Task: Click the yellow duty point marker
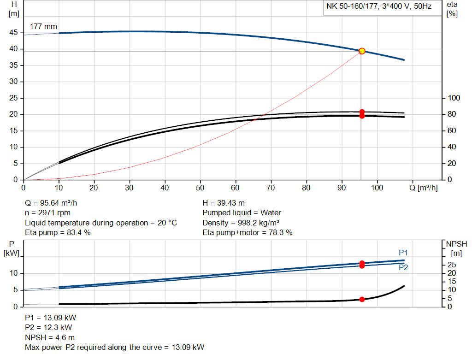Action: (362, 51)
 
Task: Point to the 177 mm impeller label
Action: (43, 27)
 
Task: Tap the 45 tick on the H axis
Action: (14, 33)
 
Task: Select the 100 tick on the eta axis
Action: (454, 98)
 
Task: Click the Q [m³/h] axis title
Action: (424, 188)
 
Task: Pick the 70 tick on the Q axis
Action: (271, 188)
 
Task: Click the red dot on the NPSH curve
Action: (362, 300)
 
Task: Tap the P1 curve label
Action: (403, 253)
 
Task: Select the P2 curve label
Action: (403, 267)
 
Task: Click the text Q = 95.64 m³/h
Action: (55, 203)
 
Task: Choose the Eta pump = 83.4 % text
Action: (58, 233)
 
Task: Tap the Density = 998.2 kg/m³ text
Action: (241, 223)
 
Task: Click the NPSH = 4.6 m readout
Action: (50, 337)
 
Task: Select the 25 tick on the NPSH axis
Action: (451, 265)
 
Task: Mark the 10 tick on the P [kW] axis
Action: (14, 274)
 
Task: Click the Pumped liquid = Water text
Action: (242, 213)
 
